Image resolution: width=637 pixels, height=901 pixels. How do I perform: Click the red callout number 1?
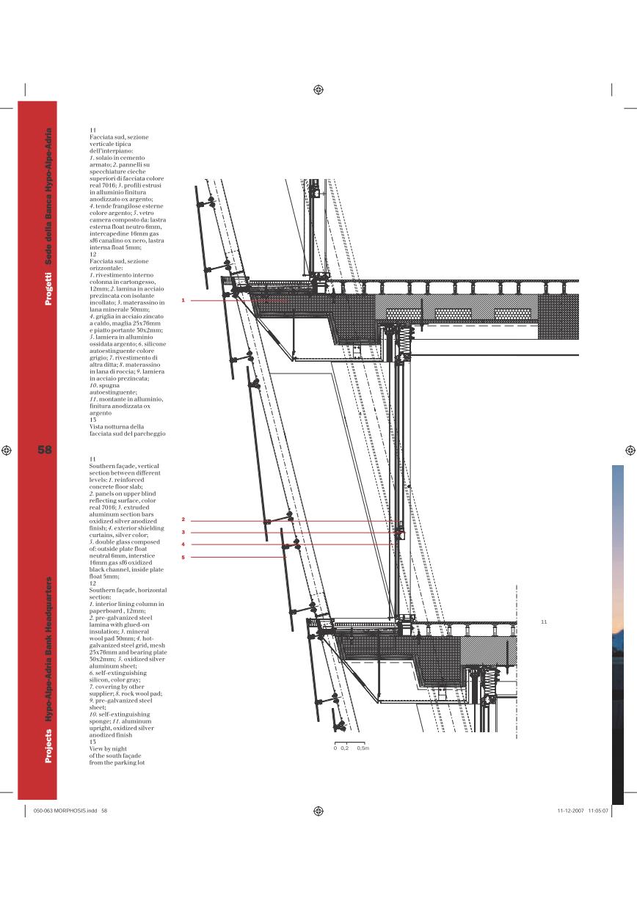[183, 300]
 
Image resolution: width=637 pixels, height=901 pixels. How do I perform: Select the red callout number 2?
[183, 519]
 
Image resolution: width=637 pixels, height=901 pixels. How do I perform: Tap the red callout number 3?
[183, 532]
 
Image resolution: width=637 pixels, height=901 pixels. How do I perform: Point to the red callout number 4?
[183, 544]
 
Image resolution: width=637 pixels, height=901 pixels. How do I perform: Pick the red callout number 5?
[183, 557]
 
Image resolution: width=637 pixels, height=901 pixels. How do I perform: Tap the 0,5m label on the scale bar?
[362, 748]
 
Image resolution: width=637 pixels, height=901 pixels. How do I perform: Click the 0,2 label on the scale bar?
[344, 748]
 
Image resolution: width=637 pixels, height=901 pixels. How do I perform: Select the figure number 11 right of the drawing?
[544, 622]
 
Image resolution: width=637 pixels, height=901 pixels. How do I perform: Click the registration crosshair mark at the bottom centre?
[318, 811]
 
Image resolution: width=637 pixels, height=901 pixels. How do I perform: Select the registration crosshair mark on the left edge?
[7, 450]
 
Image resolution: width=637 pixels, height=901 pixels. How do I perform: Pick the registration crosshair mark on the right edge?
[630, 450]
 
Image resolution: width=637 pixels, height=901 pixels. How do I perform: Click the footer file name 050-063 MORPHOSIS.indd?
[62, 811]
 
